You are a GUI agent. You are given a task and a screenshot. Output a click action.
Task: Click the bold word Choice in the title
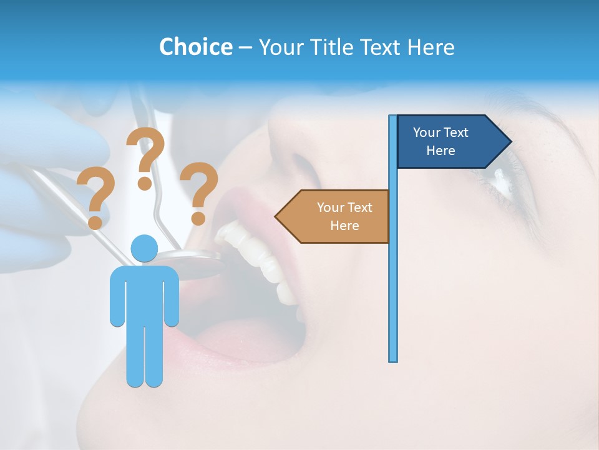(x=195, y=47)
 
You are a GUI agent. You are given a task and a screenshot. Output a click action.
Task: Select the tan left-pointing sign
(x=334, y=216)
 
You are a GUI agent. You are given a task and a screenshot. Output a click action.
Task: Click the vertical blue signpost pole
(x=392, y=281)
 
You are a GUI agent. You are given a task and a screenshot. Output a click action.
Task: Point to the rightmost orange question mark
(x=199, y=192)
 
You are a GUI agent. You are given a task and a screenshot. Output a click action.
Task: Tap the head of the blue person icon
(x=145, y=249)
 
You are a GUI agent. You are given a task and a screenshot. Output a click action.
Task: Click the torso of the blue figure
(x=145, y=294)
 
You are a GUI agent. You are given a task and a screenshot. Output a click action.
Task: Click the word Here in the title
(x=431, y=47)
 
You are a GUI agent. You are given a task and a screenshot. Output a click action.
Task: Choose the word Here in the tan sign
(x=344, y=225)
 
